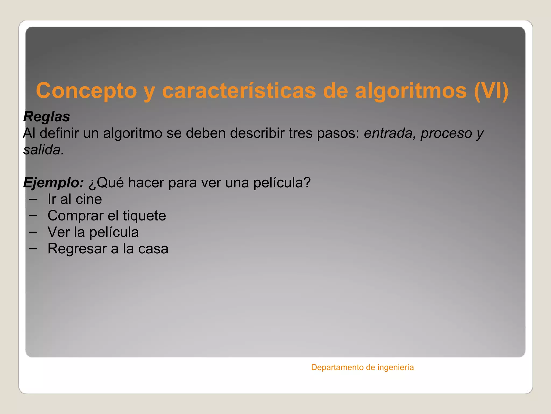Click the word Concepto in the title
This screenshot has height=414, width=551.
point(86,91)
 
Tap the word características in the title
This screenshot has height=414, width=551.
point(239,91)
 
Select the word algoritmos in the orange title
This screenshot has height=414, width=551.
point(411,91)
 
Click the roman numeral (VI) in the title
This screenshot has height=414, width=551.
point(491,91)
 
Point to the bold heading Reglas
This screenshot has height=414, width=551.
point(47,117)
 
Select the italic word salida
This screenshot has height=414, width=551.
point(43,150)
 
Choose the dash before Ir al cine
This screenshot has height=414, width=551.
point(33,199)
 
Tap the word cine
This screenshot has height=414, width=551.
point(89,199)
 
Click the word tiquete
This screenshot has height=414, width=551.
point(144,216)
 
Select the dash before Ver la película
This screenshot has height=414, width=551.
point(33,232)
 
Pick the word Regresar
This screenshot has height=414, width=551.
point(77,249)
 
